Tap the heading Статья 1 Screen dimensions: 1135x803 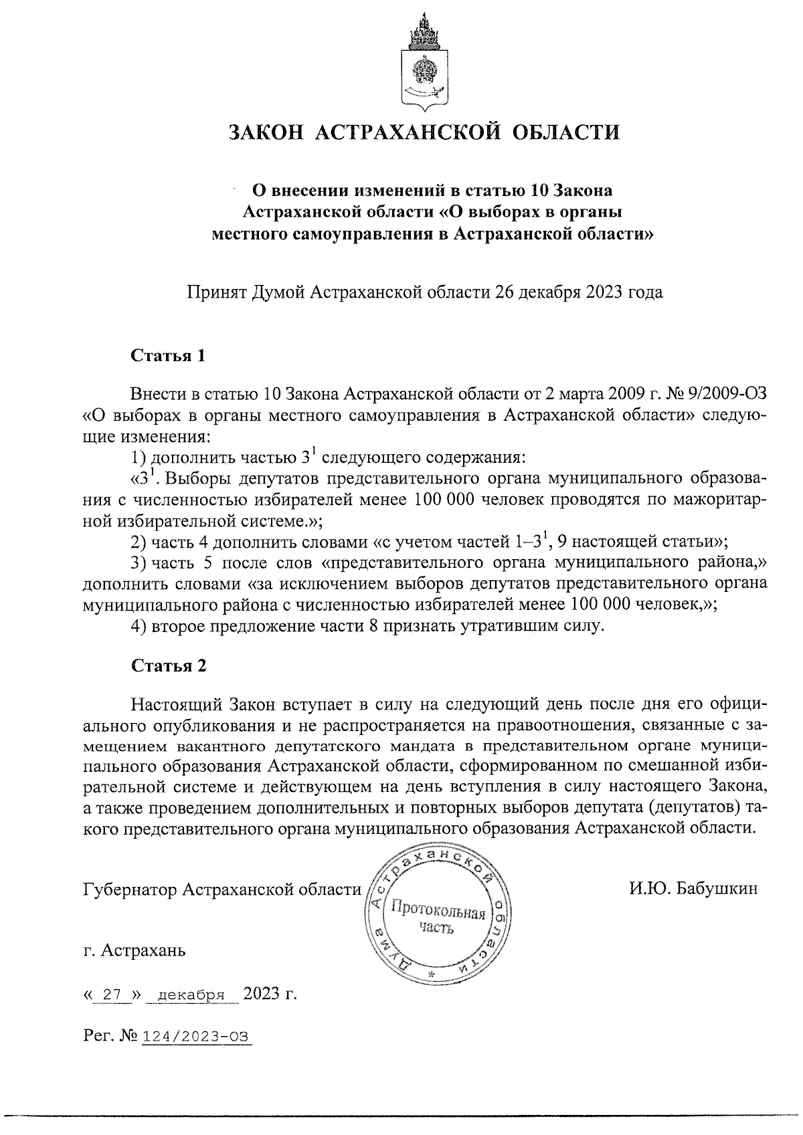point(167,355)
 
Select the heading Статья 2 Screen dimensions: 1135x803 point(169,665)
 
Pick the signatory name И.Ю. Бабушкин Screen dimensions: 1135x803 point(693,889)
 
